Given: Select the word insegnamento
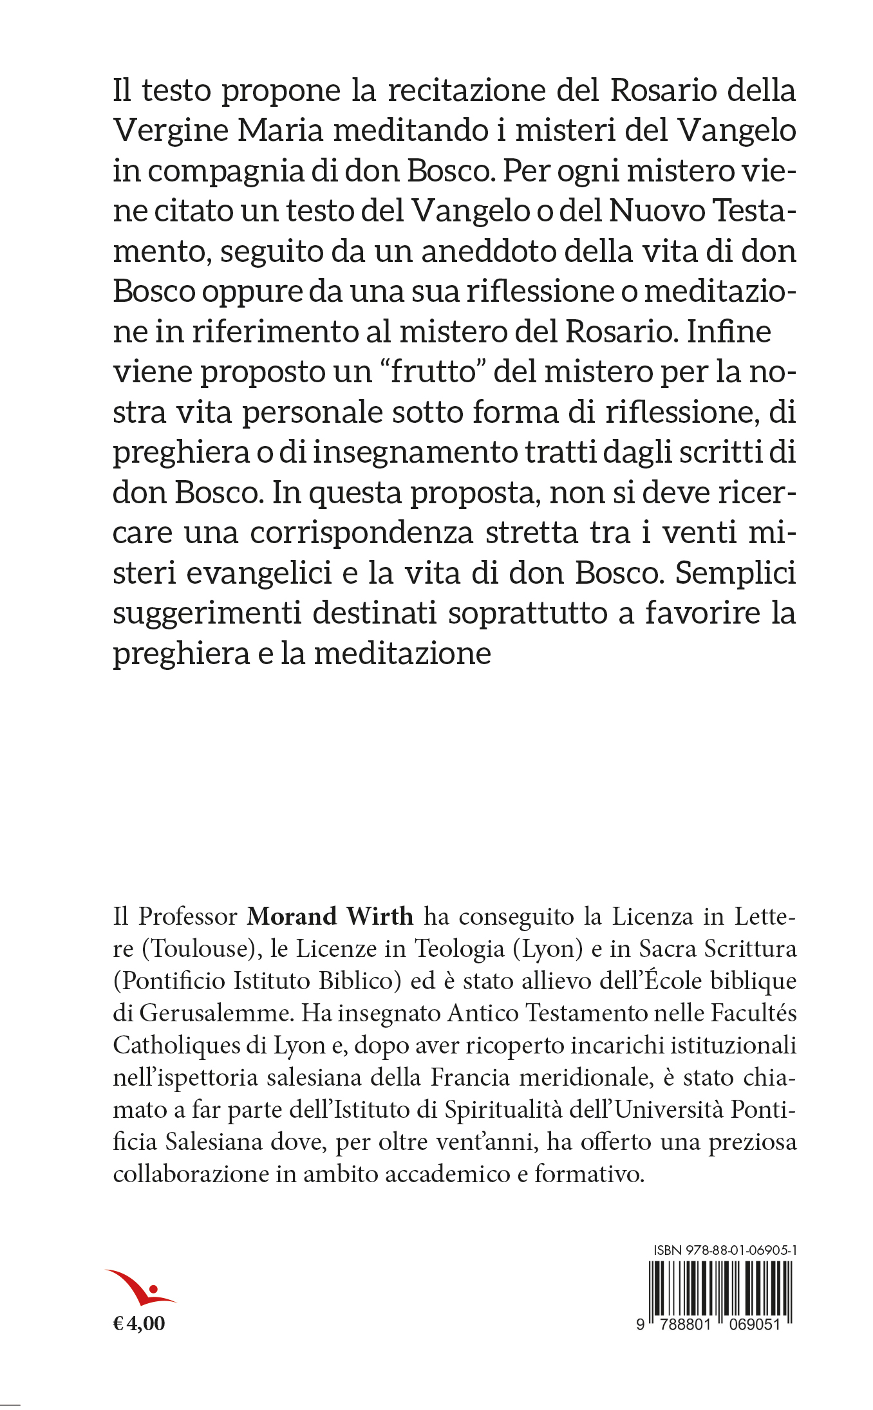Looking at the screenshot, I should point(415,452).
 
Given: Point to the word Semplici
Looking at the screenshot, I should point(736,573).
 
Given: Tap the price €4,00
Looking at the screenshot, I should point(139,1324).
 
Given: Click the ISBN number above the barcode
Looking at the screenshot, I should point(726,1250).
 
